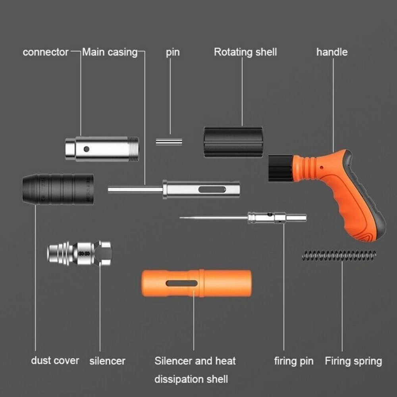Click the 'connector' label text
tap(46, 52)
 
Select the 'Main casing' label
tap(110, 52)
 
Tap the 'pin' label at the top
tap(173, 52)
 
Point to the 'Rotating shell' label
tap(245, 52)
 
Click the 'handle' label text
tap(332, 52)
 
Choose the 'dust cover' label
tap(55, 360)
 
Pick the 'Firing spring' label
tap(353, 361)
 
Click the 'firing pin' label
tap(294, 361)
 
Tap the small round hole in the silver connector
tap(87, 149)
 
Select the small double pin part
tap(169, 142)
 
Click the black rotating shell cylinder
tap(233, 142)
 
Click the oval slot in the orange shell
tap(182, 283)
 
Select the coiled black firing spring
tap(339, 256)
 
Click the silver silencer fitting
tap(79, 252)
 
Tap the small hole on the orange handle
tap(321, 168)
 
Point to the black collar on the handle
tap(281, 168)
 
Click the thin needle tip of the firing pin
tap(180, 217)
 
